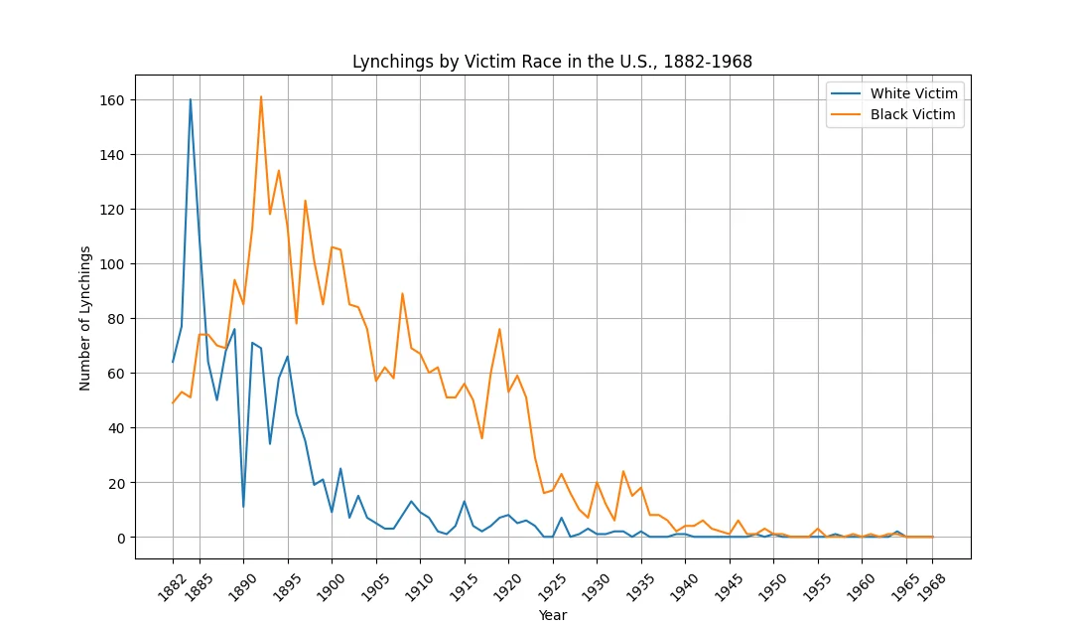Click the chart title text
[x=552, y=62]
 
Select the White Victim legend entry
[x=893, y=93]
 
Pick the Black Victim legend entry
[x=893, y=115]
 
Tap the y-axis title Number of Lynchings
[x=85, y=318]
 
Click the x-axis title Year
[x=553, y=615]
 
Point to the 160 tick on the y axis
[x=112, y=100]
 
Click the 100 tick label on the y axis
[x=112, y=264]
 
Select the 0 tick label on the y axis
[x=121, y=538]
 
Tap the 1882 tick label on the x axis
[x=171, y=588]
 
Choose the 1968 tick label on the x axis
[x=931, y=588]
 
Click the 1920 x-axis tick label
[x=507, y=588]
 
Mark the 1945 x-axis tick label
[x=728, y=588]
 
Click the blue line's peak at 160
[x=191, y=99]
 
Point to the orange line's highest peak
[x=261, y=97]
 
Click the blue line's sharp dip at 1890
[x=243, y=507]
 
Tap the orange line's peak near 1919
[x=500, y=329]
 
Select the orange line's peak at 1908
[x=402, y=294]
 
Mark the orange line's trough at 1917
[x=482, y=438]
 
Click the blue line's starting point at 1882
[x=173, y=362]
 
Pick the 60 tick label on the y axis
[x=116, y=374]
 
